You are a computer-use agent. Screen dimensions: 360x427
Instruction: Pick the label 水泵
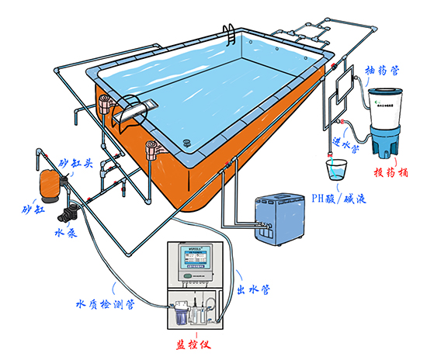click(64, 231)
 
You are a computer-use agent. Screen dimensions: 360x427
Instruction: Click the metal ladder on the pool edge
click(231, 35)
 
